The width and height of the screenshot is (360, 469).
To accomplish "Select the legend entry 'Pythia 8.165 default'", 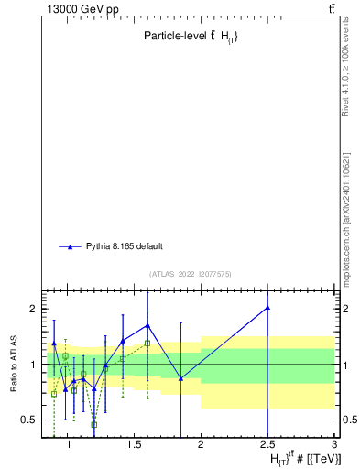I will pyautogui.click(x=125, y=246).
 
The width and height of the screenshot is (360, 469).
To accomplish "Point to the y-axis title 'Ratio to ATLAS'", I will pyautogui.click(x=14, y=364).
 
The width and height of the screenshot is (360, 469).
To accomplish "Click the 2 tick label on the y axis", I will pyautogui.click(x=31, y=309).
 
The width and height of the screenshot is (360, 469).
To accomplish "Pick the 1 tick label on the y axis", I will pyautogui.click(x=31, y=365).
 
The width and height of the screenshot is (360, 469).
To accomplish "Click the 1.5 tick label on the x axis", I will pyautogui.click(x=133, y=445).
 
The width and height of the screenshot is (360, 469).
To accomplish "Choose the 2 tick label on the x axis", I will pyautogui.click(x=201, y=445).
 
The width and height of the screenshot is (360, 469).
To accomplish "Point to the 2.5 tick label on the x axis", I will pyautogui.click(x=267, y=445).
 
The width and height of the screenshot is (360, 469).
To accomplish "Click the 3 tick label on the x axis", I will pyautogui.click(x=334, y=445).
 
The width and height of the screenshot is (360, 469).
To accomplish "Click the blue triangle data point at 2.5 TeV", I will pyautogui.click(x=267, y=308).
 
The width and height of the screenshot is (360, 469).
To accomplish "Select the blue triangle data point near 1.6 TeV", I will pyautogui.click(x=147, y=325).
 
